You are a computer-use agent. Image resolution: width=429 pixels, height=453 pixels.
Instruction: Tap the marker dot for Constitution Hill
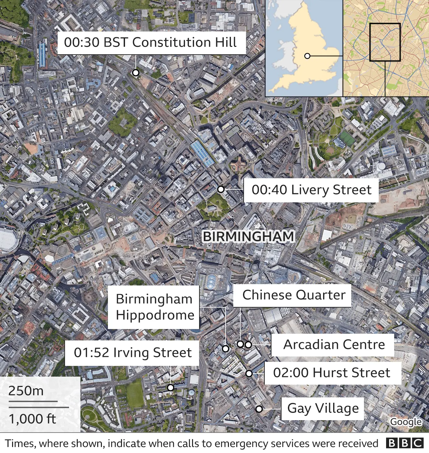point(135,73)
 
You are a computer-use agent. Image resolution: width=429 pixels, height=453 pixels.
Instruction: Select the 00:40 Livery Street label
point(311,190)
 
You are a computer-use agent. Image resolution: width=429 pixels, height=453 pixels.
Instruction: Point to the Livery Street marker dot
point(221,189)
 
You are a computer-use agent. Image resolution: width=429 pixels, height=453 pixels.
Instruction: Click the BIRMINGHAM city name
point(248,237)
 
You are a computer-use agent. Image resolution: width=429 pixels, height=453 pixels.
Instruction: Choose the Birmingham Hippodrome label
point(154,307)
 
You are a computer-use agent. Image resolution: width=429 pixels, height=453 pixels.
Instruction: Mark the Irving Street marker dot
point(171,388)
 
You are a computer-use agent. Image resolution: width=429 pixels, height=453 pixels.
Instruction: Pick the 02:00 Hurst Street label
point(332,373)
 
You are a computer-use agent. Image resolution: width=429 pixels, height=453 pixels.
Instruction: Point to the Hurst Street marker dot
point(249,373)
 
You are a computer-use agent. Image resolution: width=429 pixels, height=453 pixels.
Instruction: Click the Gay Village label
point(323,408)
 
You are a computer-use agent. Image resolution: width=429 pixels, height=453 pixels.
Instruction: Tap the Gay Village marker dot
point(259,409)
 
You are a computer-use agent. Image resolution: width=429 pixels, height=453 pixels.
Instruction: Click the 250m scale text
point(26,391)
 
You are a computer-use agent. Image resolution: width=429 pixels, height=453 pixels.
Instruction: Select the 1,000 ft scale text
point(32,419)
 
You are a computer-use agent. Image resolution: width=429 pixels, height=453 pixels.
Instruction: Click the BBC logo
point(405,443)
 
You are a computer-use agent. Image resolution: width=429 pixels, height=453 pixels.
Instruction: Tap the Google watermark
point(406,422)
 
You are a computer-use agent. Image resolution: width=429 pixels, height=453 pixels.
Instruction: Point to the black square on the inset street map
point(385,42)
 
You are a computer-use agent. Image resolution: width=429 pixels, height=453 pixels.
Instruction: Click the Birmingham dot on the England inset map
point(307,56)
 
